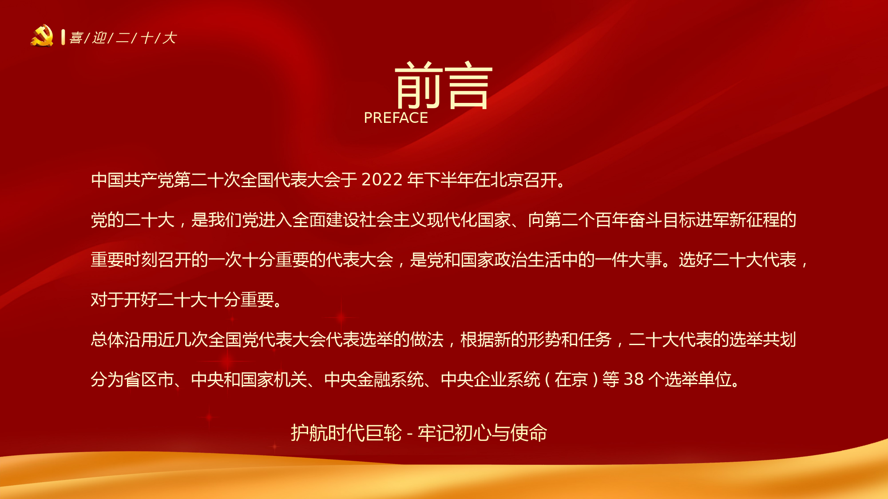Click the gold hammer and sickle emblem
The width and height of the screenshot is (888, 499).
pos(42,36)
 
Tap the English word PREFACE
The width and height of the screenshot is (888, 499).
pos(396,118)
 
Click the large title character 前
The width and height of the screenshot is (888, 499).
pos(418,85)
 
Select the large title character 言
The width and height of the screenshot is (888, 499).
pos(468,86)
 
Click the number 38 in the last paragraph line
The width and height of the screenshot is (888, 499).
pos(634,379)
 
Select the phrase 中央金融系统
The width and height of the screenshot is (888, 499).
pos(374,379)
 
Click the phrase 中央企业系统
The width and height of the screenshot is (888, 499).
pos(491,379)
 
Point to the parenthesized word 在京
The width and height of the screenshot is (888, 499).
pos(571,379)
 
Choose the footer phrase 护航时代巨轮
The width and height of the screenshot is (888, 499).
pos(346,433)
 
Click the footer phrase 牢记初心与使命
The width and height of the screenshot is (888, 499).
pos(483,433)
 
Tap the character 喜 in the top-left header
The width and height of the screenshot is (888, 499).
pos(76,38)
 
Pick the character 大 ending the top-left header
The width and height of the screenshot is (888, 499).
pos(170,38)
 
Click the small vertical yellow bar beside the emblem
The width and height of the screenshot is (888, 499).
pos(63,37)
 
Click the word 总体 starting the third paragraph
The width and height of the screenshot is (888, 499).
pos(107,339)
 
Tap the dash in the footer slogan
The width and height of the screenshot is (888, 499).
pos(410,434)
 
